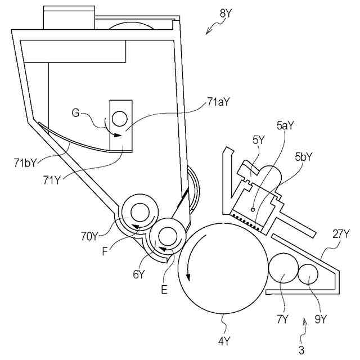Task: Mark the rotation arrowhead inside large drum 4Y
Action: pos(189,277)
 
